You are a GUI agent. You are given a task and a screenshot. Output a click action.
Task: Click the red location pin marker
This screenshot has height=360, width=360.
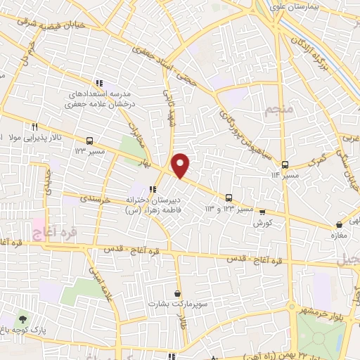tap(181, 165)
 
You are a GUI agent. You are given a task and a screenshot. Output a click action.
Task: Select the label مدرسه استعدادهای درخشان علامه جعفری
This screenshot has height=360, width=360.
tap(104, 98)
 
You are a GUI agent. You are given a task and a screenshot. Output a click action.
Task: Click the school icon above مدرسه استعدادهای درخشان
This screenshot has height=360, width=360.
tap(99, 82)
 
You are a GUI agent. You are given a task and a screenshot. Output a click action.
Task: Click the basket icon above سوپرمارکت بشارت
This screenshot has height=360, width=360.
tap(177, 292)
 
